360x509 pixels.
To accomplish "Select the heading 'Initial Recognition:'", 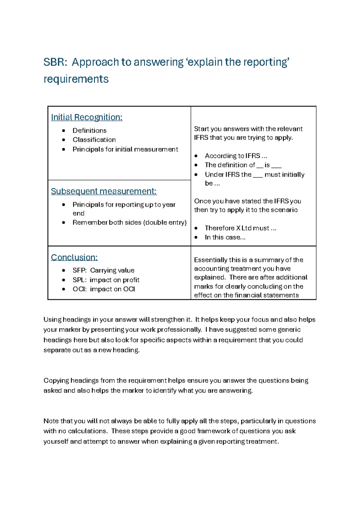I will [x=87, y=117].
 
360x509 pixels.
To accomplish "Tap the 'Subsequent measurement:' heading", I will [x=104, y=191].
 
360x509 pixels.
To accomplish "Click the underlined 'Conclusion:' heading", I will [x=74, y=258].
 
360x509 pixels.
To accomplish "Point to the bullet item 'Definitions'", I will [x=89, y=131].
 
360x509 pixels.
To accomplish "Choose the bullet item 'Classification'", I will [x=94, y=140].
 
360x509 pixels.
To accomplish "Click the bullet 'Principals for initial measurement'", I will [x=125, y=149].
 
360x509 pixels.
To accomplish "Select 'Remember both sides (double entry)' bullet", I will [x=129, y=223].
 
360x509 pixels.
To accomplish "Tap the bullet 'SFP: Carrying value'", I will [x=103, y=270].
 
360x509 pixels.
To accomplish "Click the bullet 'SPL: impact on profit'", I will [x=106, y=280].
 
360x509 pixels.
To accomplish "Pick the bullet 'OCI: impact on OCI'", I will [x=103, y=289].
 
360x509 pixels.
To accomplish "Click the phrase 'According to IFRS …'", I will [x=236, y=156].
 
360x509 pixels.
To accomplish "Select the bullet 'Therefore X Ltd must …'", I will [x=240, y=228].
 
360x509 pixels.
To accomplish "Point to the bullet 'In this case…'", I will [x=225, y=237].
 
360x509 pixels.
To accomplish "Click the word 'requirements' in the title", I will [x=76, y=79].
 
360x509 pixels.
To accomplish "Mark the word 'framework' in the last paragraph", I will [x=213, y=431].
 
